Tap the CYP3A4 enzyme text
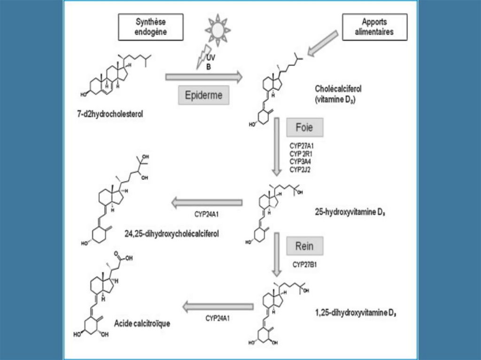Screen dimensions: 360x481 (300, 161)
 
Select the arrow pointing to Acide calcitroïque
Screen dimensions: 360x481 (217, 307)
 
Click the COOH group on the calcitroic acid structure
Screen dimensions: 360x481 (125, 258)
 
